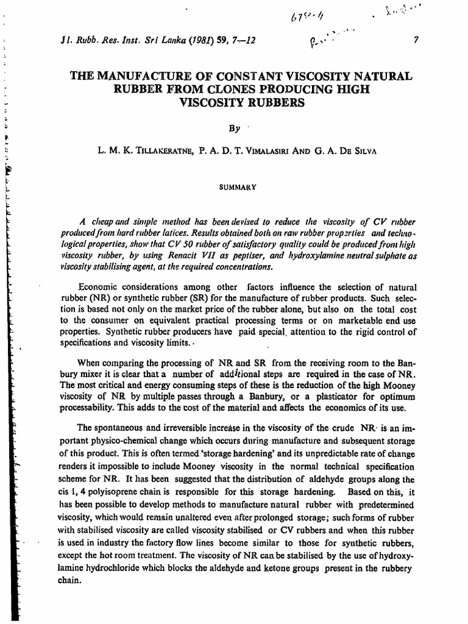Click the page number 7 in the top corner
point(415,40)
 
